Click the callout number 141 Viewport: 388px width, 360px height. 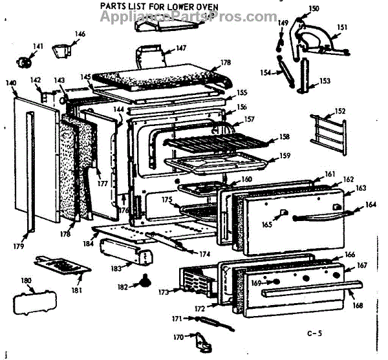click(38, 47)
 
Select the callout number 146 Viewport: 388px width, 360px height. click(80, 34)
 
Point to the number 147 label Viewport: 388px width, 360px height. click(180, 48)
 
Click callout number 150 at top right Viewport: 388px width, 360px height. click(314, 8)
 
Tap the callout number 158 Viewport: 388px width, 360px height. click(285, 136)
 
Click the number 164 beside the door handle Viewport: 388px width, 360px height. click(371, 206)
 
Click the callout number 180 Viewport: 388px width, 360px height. click(26, 281)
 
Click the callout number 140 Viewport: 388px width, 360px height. click(10, 83)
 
